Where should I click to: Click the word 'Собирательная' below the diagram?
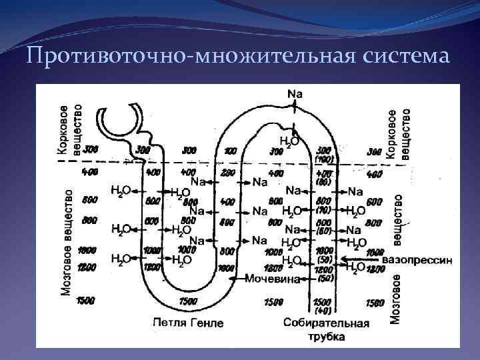pos(326,323)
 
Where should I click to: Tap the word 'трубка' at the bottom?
pos(326,337)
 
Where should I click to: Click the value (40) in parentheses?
pos(323,311)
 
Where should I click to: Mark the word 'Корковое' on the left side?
pos(63,130)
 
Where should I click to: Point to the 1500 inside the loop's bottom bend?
pos(189,301)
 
